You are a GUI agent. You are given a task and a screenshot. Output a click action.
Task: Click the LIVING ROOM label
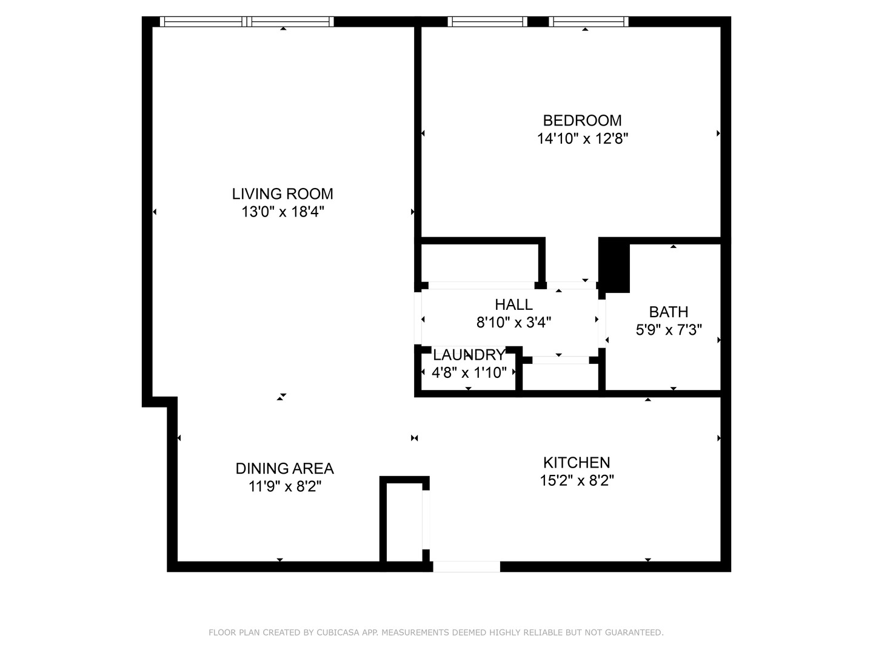[283, 194]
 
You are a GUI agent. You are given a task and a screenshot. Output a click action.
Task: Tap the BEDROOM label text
[582, 120]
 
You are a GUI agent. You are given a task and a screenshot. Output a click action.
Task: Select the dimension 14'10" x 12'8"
[582, 139]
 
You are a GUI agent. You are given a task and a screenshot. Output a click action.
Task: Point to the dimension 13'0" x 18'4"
[283, 212]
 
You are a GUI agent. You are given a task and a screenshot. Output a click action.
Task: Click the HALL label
[513, 304]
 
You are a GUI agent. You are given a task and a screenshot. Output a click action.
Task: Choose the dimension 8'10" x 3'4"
[513, 323]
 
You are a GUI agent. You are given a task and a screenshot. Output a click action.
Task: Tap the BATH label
[668, 312]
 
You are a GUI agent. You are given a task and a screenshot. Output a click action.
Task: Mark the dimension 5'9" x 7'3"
[668, 330]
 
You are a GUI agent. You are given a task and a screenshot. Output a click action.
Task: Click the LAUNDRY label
[469, 355]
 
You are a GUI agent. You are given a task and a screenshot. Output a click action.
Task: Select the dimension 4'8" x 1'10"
[469, 372]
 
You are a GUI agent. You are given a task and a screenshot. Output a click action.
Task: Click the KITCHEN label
[577, 463]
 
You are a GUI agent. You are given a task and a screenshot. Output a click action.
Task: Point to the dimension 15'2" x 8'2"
[577, 481]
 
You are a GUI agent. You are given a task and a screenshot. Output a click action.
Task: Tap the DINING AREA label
[284, 468]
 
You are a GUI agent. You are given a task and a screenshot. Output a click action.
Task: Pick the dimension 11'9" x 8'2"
[284, 486]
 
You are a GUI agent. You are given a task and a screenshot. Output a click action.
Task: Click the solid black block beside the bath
[615, 264]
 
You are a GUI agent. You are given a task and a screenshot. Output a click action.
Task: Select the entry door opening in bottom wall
[466, 566]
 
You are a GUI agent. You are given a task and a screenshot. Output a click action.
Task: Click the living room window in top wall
[247, 22]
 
